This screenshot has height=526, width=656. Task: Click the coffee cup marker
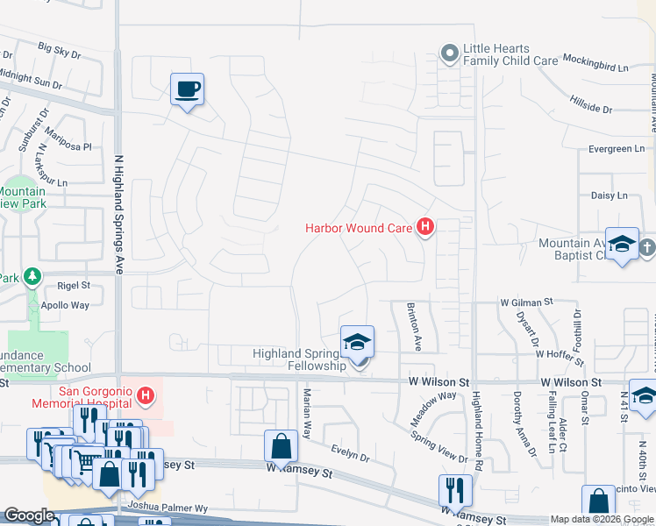(x=187, y=89)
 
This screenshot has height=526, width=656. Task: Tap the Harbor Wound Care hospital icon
(x=425, y=228)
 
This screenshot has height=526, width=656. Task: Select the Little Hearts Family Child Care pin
(x=449, y=54)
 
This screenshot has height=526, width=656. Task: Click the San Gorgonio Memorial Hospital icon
(x=146, y=396)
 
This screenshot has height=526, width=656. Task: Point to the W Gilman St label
(x=526, y=302)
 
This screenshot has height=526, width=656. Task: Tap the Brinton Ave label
(x=415, y=327)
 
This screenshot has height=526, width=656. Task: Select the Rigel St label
(x=74, y=285)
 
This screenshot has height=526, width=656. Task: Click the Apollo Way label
(x=65, y=306)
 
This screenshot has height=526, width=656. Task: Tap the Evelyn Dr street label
(x=350, y=452)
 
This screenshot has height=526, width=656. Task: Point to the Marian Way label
(x=307, y=417)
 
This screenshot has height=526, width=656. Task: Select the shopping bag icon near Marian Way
(x=280, y=446)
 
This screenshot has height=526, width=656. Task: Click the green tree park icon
(x=33, y=278)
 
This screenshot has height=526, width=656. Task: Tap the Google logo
(x=29, y=515)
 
